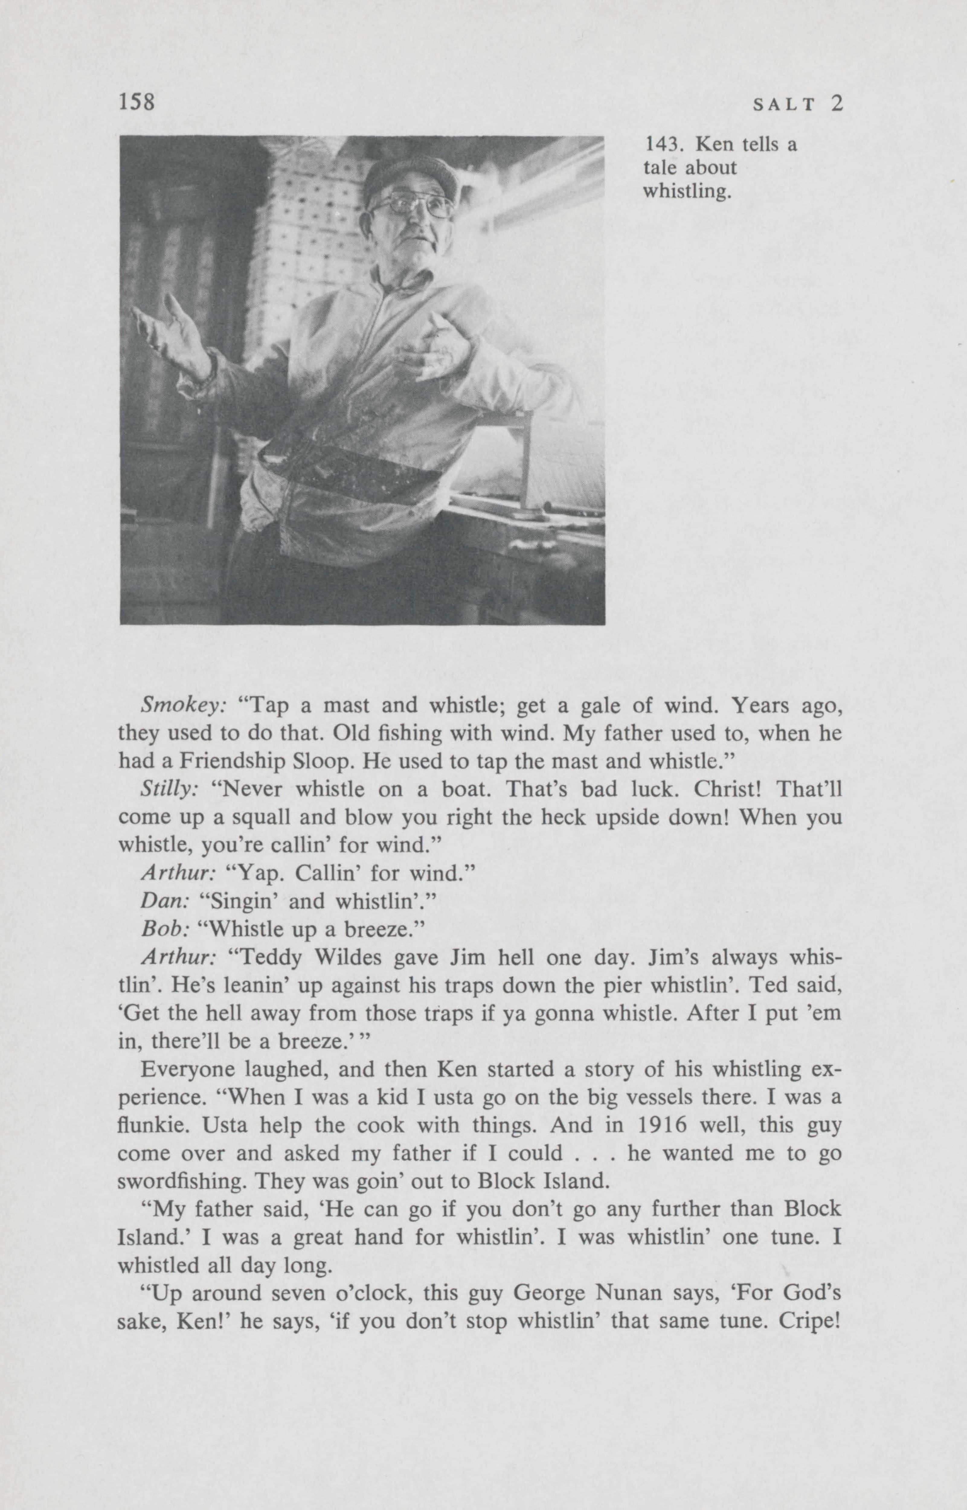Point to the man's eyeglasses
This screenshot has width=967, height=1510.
[x=411, y=206]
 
